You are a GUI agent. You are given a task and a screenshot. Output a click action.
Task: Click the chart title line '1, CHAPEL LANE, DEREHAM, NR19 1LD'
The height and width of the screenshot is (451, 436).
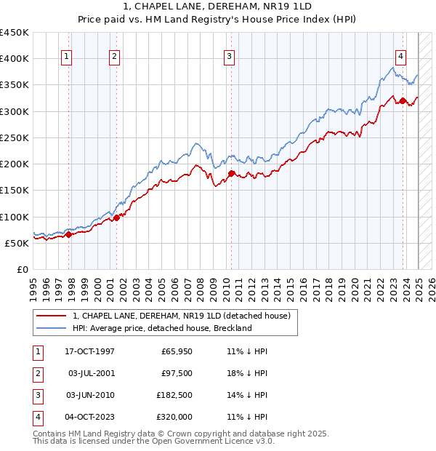click(217, 7)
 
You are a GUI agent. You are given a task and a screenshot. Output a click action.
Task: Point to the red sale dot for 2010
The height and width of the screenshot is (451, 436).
click(232, 173)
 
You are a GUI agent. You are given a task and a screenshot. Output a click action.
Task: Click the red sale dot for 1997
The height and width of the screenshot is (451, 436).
click(69, 234)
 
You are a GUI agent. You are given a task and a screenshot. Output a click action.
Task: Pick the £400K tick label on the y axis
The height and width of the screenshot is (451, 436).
click(15, 59)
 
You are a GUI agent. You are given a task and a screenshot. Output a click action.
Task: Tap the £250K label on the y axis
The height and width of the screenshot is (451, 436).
click(15, 137)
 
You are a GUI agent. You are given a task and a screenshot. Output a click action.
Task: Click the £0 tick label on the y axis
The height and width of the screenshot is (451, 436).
click(23, 269)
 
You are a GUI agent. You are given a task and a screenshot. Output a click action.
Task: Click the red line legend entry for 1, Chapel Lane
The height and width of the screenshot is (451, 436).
click(182, 316)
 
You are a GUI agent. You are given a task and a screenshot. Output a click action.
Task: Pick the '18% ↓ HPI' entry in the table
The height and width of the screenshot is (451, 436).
click(247, 373)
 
